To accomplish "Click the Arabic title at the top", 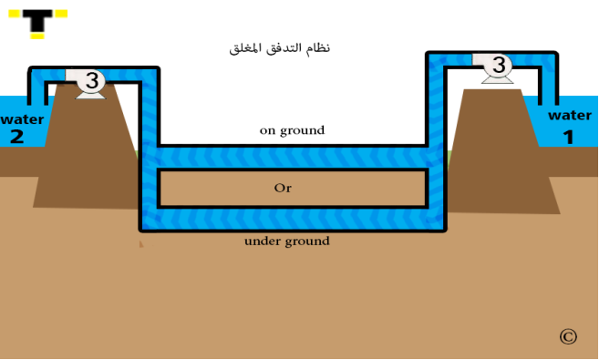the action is coord(279,48).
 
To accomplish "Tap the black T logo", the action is coord(37,20).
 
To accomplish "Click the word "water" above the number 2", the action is coord(22,119).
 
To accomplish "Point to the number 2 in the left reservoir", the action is coord(16,137).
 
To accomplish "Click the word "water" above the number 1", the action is coord(570,116).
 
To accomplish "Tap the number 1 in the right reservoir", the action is coord(569,137).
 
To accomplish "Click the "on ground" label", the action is coord(293,130).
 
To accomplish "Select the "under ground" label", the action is coord(287,242).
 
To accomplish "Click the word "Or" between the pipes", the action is coord(283,188).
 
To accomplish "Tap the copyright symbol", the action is coord(568,336).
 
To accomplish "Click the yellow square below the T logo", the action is coord(37,36).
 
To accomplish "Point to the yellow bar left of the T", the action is coord(15,14).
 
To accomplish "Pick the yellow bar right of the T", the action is coord(61,14).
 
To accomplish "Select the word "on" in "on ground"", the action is coord(267,131).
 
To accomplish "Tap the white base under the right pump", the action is coord(498,79).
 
